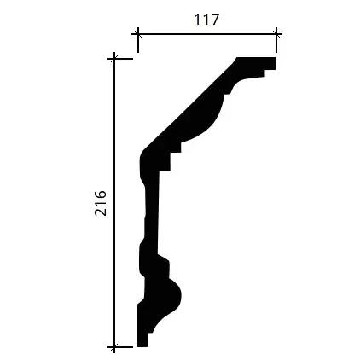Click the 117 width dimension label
[206, 20]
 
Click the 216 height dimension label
[101, 203]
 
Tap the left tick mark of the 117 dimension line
[138, 34]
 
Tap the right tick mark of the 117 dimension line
[276, 34]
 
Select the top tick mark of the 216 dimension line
[114, 59]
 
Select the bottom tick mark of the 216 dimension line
[114, 347]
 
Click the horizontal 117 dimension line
[207, 34]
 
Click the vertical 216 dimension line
[114, 203]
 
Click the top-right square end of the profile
[270, 63]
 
